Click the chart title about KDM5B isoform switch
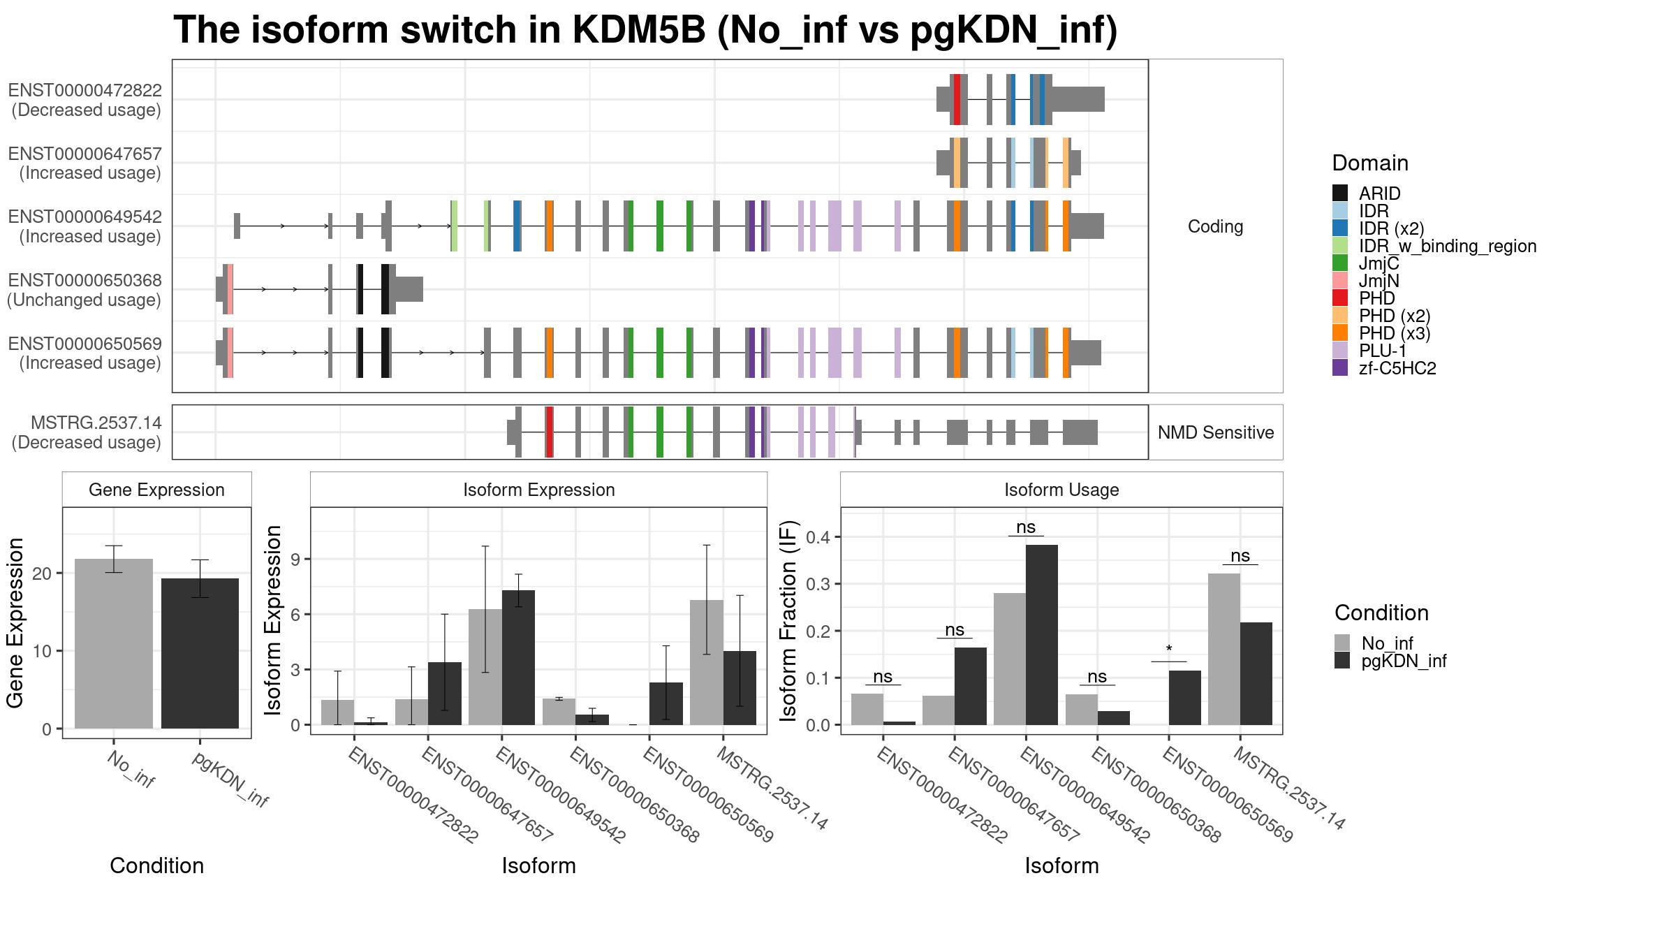645,31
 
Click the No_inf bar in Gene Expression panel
113,643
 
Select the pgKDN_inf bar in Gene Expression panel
200,653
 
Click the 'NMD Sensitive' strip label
1215,432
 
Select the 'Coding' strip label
1215,226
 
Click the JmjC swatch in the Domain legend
1340,263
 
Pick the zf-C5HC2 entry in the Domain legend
1397,368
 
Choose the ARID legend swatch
1340,193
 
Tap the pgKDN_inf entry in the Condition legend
1404,661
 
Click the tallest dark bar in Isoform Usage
1042,634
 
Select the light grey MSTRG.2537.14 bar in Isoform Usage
1223,649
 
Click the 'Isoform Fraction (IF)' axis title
788,620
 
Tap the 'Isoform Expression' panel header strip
538,490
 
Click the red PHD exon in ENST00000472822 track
957,100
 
